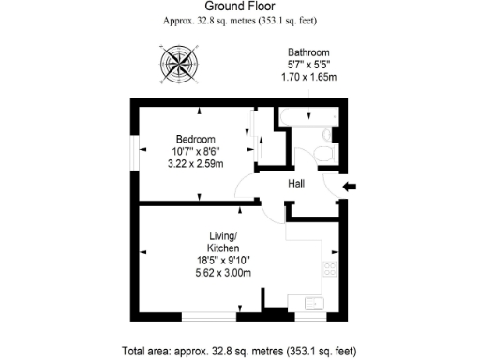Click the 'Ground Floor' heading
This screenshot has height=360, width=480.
tap(239, 6)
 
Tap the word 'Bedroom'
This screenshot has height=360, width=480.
tap(194, 139)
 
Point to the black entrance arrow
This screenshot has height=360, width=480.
tap(350, 187)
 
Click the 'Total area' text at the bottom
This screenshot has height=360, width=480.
tap(239, 352)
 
